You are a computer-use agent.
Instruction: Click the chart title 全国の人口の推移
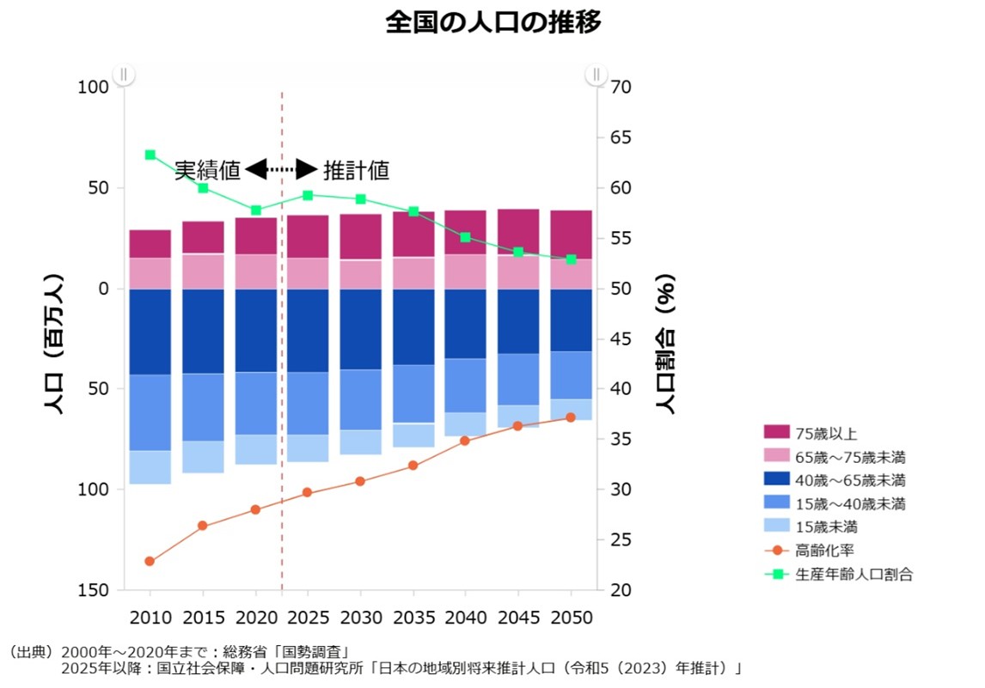coord(492,22)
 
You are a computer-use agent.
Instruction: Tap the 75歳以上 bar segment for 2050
coord(571,234)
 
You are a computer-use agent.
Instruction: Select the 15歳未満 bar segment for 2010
coord(150,466)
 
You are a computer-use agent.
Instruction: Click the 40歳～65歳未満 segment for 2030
coord(360,329)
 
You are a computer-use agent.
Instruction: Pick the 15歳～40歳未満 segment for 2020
coord(255,403)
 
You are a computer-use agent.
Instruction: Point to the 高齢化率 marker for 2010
coord(150,561)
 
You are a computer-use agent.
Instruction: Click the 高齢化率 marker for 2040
coord(465,441)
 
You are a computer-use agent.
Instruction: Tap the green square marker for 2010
coord(150,155)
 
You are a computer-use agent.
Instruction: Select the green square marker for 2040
coord(465,237)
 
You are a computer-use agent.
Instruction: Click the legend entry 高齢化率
coord(823,551)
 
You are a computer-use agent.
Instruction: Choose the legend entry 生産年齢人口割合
coord(853,574)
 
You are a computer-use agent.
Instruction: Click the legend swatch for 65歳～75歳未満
coord(776,456)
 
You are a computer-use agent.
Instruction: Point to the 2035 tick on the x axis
coord(413,617)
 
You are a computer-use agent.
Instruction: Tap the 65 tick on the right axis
coord(621,137)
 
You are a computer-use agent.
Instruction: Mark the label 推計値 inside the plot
coord(356,170)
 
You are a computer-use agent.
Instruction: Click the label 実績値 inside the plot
coord(207,170)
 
